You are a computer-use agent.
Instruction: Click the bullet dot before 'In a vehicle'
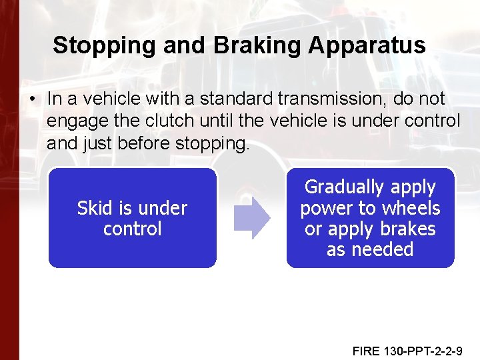31,99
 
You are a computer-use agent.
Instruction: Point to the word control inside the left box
132,229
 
